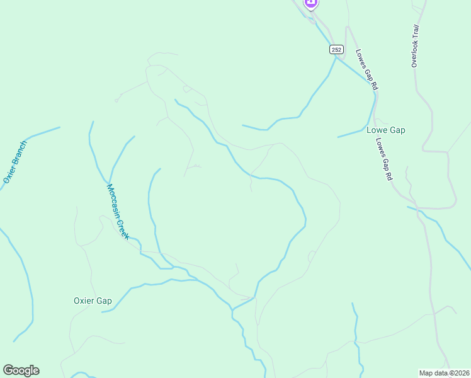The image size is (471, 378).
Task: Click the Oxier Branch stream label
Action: pyautogui.click(x=15, y=162)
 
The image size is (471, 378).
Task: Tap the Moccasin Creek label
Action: pyautogui.click(x=118, y=212)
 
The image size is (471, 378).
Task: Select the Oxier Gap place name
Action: pyautogui.click(x=93, y=301)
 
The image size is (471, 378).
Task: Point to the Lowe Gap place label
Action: pyautogui.click(x=385, y=130)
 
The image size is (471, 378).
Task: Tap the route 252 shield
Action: pyautogui.click(x=336, y=49)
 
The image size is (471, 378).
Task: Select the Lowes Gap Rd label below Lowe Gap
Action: pyautogui.click(x=384, y=159)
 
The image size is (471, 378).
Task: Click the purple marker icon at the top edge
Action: pyautogui.click(x=310, y=3)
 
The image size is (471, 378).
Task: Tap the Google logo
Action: pyautogui.click(x=21, y=370)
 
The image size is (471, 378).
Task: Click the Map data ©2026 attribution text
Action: pyautogui.click(x=445, y=373)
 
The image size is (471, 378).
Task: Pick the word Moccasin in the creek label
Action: pyautogui.click(x=113, y=203)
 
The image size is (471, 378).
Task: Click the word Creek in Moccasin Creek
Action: pyautogui.click(x=124, y=228)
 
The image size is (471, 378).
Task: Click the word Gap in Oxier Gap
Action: pyautogui.click(x=104, y=301)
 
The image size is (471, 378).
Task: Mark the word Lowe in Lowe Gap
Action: pyautogui.click(x=377, y=130)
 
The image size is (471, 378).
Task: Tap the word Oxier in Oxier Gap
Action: pyautogui.click(x=84, y=301)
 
